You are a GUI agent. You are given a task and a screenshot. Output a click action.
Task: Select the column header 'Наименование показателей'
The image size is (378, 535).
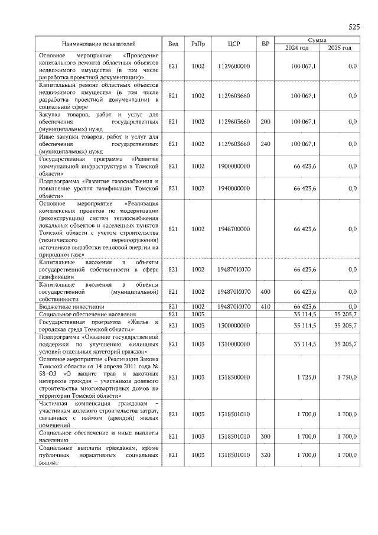coord(99,44)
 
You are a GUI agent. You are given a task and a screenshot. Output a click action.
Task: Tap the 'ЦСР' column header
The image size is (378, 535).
coord(233,44)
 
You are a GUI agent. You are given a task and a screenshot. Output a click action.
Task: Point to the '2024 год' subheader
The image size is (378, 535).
coord(297,48)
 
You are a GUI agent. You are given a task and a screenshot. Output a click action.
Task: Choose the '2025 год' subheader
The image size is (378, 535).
coord(340,48)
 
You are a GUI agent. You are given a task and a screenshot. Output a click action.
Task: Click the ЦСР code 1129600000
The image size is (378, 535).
coord(233,66)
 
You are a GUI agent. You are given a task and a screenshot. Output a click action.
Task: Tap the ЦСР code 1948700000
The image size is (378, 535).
coord(233,229)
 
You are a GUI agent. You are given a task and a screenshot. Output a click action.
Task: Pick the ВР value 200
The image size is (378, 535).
coord(265,122)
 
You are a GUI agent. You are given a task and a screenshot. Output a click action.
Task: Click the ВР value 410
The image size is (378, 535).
coord(265,307)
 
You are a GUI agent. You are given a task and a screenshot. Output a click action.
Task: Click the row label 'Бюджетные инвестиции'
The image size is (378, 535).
coord(71,307)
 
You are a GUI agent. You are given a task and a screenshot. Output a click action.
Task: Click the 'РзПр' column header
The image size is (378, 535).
coord(198,44)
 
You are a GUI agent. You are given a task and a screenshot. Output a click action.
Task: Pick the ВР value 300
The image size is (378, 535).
coord(265,436)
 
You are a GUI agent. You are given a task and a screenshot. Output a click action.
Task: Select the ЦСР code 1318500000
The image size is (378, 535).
coord(233,377)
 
